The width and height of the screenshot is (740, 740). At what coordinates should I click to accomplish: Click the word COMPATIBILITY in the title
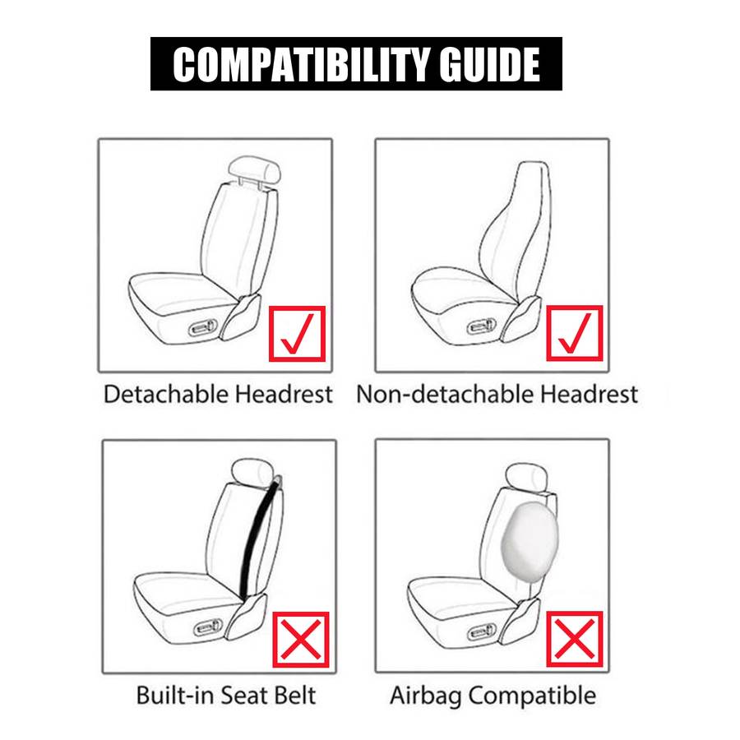[301, 65]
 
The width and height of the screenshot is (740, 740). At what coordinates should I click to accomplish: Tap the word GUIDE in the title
[489, 65]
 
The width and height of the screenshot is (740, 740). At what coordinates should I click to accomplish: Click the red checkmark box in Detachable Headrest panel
[297, 334]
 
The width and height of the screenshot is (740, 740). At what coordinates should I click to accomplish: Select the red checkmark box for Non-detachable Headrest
[575, 334]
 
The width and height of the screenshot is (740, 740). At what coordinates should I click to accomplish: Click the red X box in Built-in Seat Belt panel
[301, 640]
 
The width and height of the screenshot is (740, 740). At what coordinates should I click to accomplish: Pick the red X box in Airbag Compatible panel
[575, 639]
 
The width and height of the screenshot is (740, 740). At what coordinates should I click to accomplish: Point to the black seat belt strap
[259, 538]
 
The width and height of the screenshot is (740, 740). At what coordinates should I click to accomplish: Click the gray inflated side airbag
[530, 536]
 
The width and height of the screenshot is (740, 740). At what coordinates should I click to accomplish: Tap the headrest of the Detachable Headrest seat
[254, 169]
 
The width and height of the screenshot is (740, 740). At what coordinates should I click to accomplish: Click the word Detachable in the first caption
[166, 394]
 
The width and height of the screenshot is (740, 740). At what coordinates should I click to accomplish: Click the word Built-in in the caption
[174, 695]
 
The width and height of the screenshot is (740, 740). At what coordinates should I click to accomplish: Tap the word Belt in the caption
[295, 695]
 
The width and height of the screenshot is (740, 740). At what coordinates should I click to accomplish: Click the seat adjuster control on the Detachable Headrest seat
[203, 328]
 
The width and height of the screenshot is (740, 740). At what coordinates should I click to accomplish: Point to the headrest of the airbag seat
[526, 478]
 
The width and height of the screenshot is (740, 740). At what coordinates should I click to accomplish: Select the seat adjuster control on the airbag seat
[481, 632]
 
